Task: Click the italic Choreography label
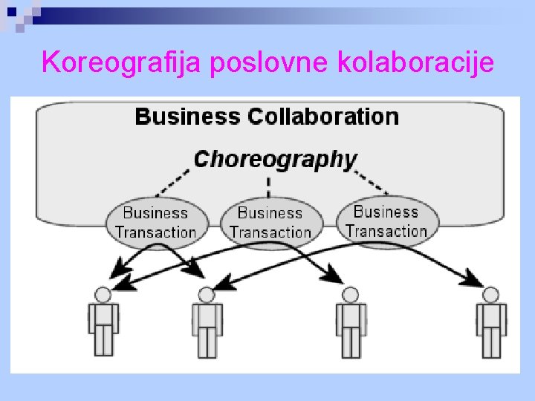pyautogui.click(x=275, y=159)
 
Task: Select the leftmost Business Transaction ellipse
pyautogui.click(x=156, y=221)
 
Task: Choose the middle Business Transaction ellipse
pyautogui.click(x=270, y=222)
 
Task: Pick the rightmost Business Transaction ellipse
pyautogui.click(x=386, y=221)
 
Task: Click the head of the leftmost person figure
pyautogui.click(x=103, y=295)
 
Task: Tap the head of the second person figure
pyautogui.click(x=207, y=295)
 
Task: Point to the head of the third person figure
pyautogui.click(x=349, y=295)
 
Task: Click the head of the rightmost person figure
pyautogui.click(x=490, y=295)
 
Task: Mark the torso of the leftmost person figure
pyautogui.click(x=103, y=315)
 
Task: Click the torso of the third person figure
pyautogui.click(x=349, y=315)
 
